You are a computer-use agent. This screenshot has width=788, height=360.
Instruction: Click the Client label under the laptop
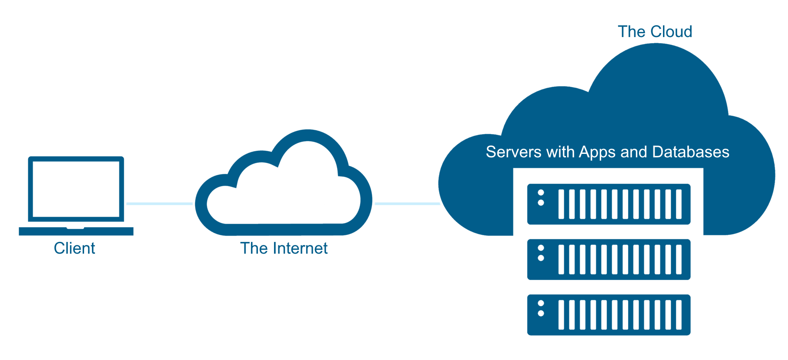tap(74, 248)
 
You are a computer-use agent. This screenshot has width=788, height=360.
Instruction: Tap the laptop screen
tap(76, 189)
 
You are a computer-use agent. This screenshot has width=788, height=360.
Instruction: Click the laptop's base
tap(76, 231)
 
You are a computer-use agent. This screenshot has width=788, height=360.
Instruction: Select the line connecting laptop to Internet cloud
tap(159, 204)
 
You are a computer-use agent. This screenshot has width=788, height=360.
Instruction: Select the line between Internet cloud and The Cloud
tap(407, 204)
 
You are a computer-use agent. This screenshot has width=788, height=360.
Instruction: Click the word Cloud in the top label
tap(671, 31)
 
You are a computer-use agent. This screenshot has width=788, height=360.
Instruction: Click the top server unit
tap(609, 204)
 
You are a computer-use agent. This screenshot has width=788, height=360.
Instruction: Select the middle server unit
tap(609, 259)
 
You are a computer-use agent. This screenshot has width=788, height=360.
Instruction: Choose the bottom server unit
tap(609, 315)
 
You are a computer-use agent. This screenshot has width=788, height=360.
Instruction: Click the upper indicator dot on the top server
tap(541, 193)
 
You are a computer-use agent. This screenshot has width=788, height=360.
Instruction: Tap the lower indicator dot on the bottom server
tap(541, 313)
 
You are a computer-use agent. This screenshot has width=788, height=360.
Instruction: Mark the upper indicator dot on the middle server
tap(541, 248)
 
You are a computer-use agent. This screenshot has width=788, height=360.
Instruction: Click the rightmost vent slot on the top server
tap(679, 204)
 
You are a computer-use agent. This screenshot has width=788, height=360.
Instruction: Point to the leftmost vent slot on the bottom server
tap(561, 315)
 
